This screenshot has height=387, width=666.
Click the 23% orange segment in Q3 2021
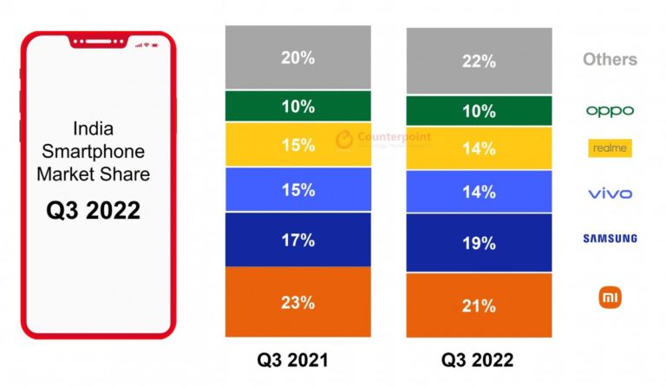point(297,302)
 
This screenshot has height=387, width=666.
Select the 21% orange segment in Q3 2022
point(479,305)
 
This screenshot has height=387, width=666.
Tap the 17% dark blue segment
point(297,239)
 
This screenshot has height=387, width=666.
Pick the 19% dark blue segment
point(479,244)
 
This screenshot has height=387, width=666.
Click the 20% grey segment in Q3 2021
point(297,57)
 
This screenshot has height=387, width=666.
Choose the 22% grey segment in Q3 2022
point(479,61)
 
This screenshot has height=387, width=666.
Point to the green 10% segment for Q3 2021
point(297,106)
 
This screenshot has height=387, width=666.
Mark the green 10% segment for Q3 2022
point(479,110)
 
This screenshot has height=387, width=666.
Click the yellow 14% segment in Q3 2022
point(479,148)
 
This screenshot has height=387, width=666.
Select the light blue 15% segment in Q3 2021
point(297,189)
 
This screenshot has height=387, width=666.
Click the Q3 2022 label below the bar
point(477,359)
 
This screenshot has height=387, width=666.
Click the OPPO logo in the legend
point(610,111)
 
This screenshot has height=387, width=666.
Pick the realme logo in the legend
point(610,148)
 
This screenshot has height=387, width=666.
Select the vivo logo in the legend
point(610,193)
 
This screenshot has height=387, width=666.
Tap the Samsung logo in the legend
point(610,238)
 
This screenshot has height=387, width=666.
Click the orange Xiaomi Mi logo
point(610,298)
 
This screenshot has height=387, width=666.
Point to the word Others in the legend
point(610,60)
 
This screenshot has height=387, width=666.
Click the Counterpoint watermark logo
point(382,138)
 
